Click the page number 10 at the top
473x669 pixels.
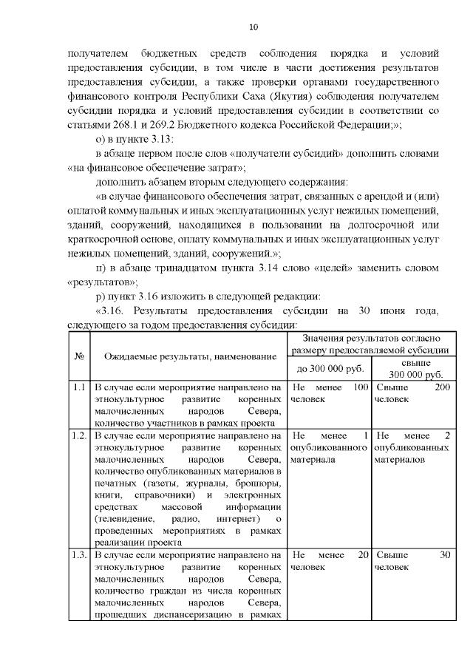click(253, 27)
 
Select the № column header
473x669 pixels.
click(79, 356)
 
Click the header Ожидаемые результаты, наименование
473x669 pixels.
click(186, 357)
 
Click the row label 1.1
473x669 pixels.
click(79, 387)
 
